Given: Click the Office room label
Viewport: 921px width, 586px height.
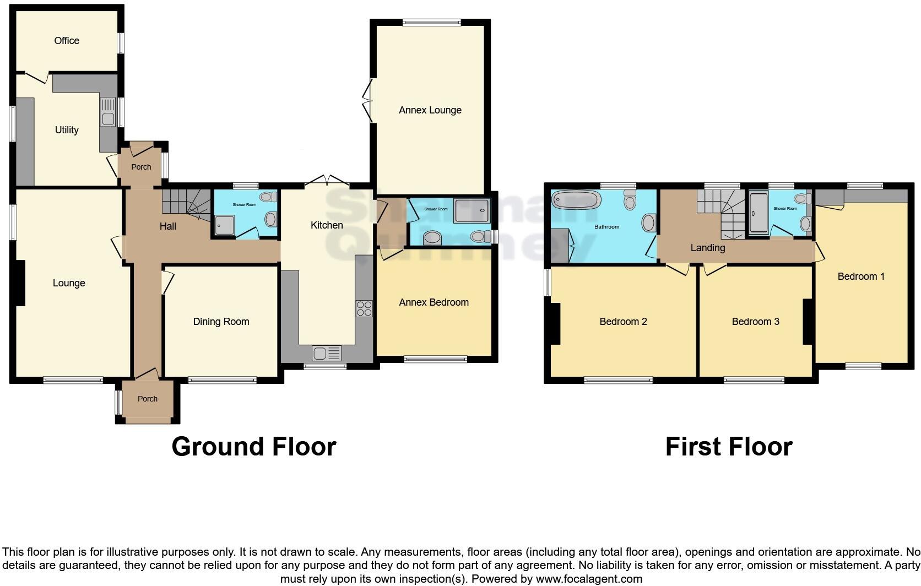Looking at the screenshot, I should pos(67,41).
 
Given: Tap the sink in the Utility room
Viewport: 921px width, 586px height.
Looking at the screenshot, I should pos(108,112).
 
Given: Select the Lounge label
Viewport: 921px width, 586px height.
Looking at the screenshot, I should pos(69,283).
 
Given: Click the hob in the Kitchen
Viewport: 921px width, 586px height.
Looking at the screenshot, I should pos(364,308).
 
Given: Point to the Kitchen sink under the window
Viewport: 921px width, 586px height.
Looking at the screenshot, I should pos(327,352).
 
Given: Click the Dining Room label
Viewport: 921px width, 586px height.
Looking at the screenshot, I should pos(221,322).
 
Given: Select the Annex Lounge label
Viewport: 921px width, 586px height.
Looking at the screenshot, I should pos(430,110).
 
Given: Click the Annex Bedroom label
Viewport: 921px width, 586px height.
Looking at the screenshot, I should pos(434,302).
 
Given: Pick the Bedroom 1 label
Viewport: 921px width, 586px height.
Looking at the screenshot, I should pos(860,276).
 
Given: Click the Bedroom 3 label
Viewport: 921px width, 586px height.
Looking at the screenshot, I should pos(755,322).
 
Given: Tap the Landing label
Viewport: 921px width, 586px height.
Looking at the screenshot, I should pos(707,248).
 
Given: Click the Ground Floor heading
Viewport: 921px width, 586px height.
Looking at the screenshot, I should pos(253,446).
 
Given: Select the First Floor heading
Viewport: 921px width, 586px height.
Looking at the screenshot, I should pos(728,446).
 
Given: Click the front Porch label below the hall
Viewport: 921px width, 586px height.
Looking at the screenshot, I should pos(147,399).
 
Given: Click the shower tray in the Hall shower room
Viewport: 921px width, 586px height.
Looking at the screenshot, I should pos(224,225).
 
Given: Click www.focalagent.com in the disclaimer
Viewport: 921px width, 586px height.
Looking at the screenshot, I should pos(589,579).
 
